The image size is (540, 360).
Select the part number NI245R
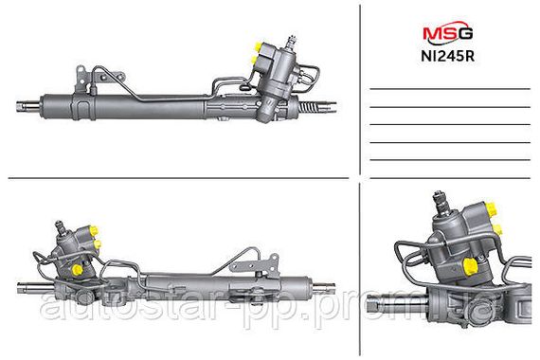pos(447,56)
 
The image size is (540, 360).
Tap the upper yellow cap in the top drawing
pos(258,45)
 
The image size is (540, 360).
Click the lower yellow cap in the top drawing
pos(254,61)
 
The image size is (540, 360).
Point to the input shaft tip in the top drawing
pos(293,41)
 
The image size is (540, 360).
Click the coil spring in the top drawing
pos(307,106)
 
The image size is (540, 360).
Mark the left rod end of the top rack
pos(28,105)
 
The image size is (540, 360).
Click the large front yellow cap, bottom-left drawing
pos(77,269)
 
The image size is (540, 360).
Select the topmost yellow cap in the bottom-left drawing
pos(94,230)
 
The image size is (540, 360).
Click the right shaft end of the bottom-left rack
pos(323,288)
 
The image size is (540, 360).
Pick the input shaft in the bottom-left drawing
pos(60,227)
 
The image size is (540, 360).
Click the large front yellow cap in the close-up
pos(470,267)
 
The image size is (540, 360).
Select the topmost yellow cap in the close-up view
pos(491,208)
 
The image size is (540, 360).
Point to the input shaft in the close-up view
pos(441,204)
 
